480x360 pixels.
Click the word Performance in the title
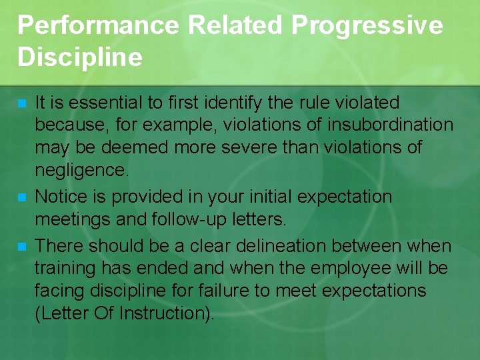pyautogui.click(x=97, y=26)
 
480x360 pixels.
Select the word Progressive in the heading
pyautogui.click(x=367, y=26)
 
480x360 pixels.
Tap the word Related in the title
pyautogui.click(x=236, y=26)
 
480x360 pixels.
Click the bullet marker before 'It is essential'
pyautogui.click(x=22, y=104)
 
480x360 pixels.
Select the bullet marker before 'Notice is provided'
pyautogui.click(x=22, y=198)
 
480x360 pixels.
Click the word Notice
pyautogui.click(x=57, y=197)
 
